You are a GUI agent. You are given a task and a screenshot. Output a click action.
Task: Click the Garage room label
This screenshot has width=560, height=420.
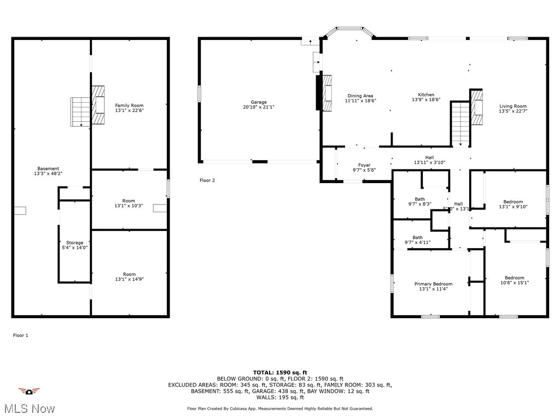click(x=259, y=102)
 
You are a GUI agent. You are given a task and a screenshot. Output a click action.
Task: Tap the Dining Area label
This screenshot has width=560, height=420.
click(x=360, y=96)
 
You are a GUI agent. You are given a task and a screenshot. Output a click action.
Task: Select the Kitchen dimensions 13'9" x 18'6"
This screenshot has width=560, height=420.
click(x=426, y=100)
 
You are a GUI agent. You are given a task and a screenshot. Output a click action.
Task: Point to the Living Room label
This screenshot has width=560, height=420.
click(x=513, y=106)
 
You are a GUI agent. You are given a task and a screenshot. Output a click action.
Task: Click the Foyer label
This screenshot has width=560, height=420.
click(x=364, y=165)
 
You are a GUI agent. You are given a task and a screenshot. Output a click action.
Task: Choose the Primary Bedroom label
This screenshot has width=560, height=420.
click(x=433, y=284)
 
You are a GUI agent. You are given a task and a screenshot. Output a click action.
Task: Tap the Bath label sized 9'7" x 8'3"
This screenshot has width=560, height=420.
click(x=420, y=199)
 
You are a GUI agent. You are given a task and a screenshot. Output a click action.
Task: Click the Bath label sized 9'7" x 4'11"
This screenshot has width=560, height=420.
click(x=417, y=237)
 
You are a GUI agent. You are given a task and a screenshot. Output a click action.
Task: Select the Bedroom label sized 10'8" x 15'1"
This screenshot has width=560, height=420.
click(x=515, y=278)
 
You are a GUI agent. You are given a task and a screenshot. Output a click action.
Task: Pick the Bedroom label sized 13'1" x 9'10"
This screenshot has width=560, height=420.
click(x=513, y=202)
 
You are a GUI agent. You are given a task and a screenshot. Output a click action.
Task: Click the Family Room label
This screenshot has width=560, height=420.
click(x=129, y=105)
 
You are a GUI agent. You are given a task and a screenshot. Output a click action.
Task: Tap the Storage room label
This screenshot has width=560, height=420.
click(x=75, y=242)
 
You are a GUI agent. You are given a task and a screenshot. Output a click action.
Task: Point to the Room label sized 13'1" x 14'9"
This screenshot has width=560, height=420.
click(x=129, y=274)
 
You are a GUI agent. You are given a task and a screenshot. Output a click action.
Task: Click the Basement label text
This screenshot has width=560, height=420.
click(x=48, y=168)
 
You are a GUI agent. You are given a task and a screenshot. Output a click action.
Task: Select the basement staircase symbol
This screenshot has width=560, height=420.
click(x=80, y=112)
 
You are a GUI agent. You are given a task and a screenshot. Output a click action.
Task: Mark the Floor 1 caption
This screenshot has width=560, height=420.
click(x=20, y=335)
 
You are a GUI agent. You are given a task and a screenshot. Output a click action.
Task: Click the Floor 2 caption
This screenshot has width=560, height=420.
click(x=207, y=180)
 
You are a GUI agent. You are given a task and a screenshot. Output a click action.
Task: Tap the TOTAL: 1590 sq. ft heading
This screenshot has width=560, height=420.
click(x=280, y=372)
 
